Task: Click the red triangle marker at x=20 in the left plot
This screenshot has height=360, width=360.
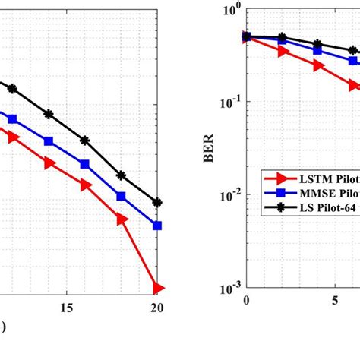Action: click(x=157, y=288)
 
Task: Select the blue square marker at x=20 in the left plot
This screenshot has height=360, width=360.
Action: click(x=157, y=226)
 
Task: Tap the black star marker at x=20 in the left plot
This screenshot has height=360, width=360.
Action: click(x=157, y=203)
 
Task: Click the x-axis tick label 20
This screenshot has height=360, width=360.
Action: click(x=156, y=308)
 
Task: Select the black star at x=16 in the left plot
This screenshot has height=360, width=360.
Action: click(x=85, y=141)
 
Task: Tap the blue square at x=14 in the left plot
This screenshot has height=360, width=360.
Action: click(x=49, y=141)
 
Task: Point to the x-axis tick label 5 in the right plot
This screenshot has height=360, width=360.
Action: click(x=335, y=301)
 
